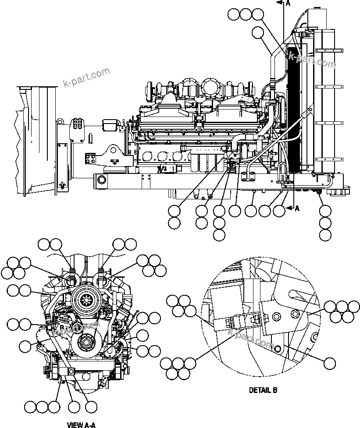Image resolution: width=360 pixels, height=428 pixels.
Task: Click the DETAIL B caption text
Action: tap(263, 390)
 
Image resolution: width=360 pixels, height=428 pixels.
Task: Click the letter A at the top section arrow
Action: tap(288, 3)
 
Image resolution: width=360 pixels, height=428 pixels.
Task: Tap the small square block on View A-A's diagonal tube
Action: tap(71, 371)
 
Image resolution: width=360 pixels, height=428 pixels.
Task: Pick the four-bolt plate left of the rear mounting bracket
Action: tap(91, 159)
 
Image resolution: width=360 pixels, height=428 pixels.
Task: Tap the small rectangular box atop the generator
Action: tap(110, 125)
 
